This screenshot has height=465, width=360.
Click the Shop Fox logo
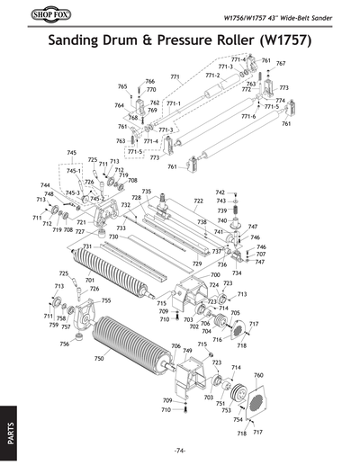34,15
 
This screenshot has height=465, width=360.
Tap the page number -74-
180,450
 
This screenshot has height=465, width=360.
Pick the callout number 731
86,246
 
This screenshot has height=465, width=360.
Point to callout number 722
198,201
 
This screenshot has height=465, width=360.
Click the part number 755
105,300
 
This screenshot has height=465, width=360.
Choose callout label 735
146,191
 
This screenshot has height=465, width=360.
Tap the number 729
197,264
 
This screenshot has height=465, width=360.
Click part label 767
280,64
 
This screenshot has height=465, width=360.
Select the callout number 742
220,192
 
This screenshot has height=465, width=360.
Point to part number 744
44,184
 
